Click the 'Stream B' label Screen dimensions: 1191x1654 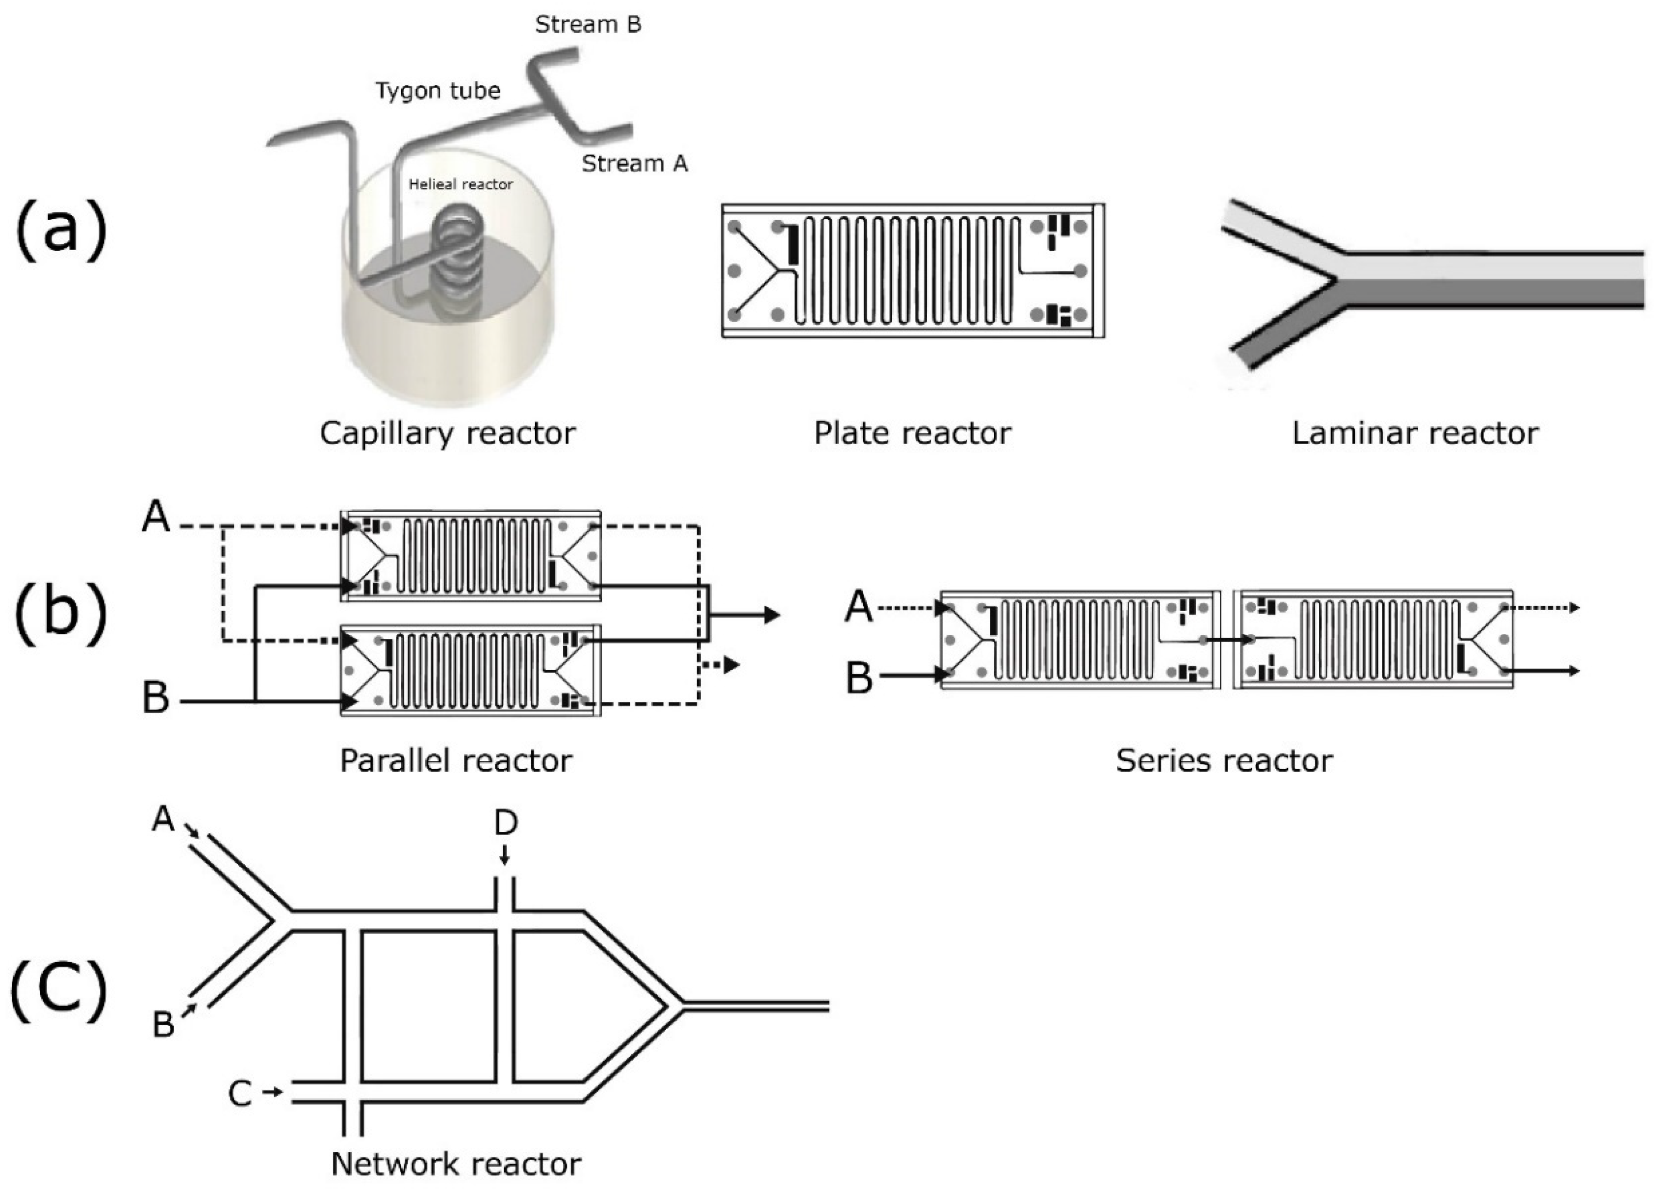(x=588, y=25)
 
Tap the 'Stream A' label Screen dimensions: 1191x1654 (x=634, y=163)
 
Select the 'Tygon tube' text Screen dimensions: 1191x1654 (x=438, y=91)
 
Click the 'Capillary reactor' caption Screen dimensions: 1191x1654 (x=447, y=433)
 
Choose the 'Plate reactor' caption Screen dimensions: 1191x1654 (x=912, y=433)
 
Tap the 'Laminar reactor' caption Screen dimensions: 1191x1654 (x=1415, y=433)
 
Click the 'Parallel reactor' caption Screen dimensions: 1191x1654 (x=456, y=761)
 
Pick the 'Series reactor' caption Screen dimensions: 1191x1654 (x=1224, y=761)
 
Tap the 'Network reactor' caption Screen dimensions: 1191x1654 (x=456, y=1164)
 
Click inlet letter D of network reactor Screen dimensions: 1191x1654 (x=505, y=823)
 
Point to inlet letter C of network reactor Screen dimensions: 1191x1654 (x=240, y=1094)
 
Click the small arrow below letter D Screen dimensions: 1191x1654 (x=504, y=855)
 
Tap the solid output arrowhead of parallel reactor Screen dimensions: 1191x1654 (x=772, y=615)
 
